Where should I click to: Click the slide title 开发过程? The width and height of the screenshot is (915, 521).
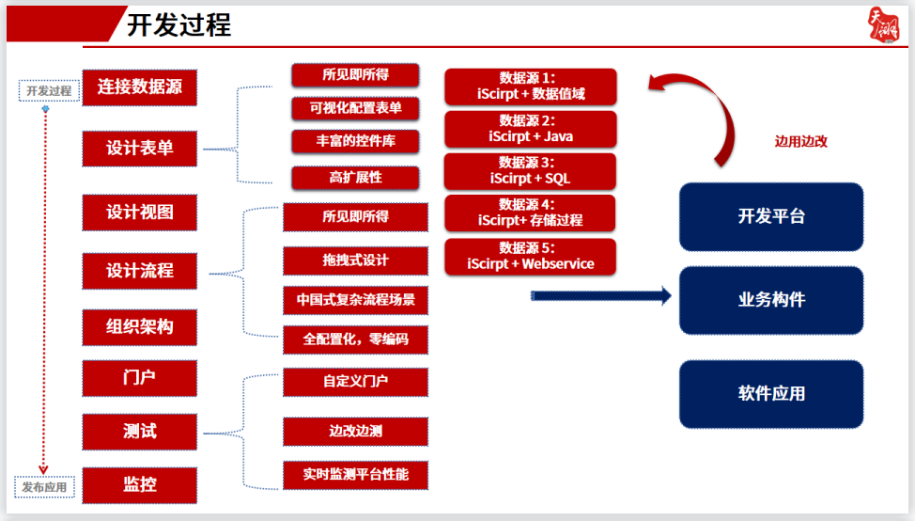pos(178,24)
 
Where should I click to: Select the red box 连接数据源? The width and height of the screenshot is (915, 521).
pos(140,87)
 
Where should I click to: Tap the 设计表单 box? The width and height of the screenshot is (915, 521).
pos(140,149)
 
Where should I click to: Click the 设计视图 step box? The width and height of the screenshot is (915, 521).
pos(140,212)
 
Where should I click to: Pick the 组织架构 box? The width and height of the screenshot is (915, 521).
pos(140,327)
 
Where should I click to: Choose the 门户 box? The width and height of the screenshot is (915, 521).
pos(140,378)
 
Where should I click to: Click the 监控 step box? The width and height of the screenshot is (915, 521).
pos(140,484)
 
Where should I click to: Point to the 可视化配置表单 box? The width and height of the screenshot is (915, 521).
pos(355,108)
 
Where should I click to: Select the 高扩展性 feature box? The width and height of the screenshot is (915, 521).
pos(355,177)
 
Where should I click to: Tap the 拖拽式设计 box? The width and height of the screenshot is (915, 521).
pos(355,259)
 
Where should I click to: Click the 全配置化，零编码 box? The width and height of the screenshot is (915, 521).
pos(355,339)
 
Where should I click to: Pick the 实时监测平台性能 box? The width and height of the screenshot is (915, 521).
pos(355,475)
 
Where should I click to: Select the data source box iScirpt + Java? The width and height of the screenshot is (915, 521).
pos(531,129)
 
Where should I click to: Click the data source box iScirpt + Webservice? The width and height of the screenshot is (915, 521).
pos(531,257)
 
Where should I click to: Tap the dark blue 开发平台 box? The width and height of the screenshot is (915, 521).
pos(771,216)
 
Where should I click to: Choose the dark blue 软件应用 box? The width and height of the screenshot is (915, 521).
pos(771,393)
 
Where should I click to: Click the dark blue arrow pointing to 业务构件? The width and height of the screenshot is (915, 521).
pos(601,296)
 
